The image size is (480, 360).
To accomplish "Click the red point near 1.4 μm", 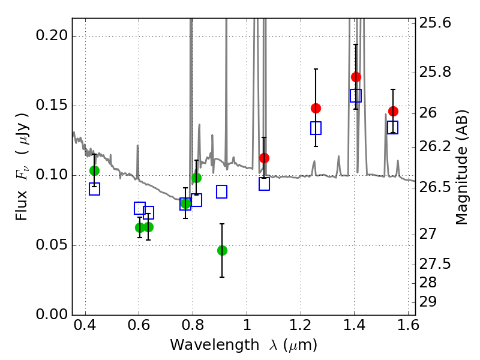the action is (x=356, y=77).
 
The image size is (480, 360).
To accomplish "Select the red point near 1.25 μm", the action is (x=316, y=108).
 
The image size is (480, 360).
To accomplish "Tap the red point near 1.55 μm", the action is (x=393, y=112).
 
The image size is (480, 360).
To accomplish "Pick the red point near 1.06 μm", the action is (x=264, y=158).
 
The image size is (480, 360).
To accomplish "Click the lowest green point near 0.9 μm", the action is (x=222, y=250).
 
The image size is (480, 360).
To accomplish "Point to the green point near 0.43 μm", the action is (x=94, y=170).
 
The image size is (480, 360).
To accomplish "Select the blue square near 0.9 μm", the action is (x=221, y=191).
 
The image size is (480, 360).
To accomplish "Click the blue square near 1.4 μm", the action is (x=356, y=96).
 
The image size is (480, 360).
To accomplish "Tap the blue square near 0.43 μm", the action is (x=94, y=189).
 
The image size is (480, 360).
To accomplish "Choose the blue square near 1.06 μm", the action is (x=264, y=184).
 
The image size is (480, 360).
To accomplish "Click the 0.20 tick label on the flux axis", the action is (x=52, y=35).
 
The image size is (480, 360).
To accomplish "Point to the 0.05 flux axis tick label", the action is (x=52, y=245).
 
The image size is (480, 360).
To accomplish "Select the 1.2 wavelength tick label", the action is (x=301, y=325).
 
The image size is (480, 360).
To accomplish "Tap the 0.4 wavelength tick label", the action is (x=85, y=325).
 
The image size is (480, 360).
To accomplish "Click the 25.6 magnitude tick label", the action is (x=434, y=23).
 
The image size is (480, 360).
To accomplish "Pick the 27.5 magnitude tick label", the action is (x=434, y=264).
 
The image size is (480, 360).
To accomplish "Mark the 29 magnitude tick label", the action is (x=428, y=302).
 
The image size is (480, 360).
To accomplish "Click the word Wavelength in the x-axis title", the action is (x=215, y=345).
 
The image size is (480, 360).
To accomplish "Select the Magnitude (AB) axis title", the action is (x=461, y=167).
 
